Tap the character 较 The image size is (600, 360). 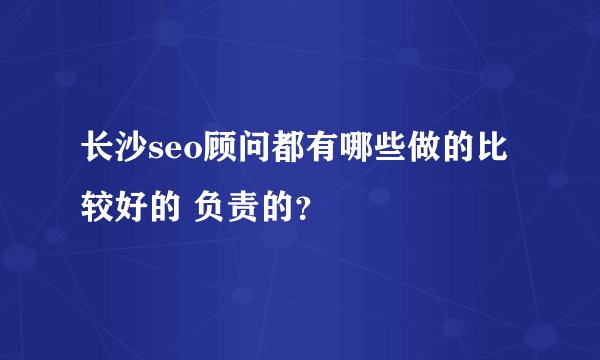pyautogui.click(x=98, y=208)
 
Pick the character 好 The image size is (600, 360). pyautogui.click(x=130, y=208)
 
